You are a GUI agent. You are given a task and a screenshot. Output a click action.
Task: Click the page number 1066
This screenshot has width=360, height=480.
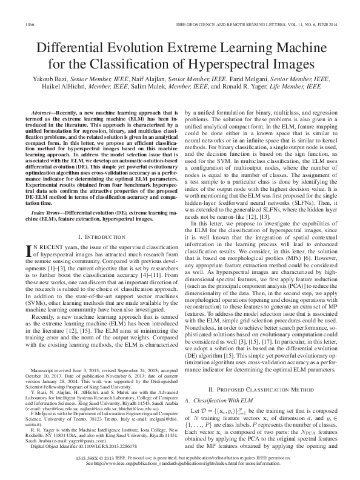[x=28, y=24]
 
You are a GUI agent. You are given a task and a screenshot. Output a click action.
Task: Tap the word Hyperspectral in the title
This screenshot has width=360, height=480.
[x=231, y=65]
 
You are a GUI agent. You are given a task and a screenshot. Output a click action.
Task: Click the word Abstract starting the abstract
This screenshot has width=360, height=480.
[x=42, y=113]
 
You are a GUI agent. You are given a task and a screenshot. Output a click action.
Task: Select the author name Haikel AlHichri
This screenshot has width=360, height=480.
[x=70, y=87]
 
